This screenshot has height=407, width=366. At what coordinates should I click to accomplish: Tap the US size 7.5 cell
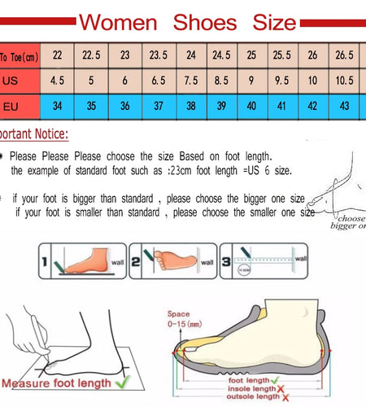[191, 81]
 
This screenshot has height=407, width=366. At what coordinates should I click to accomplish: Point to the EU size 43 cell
[345, 107]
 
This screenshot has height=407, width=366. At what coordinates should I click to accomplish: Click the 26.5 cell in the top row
[345, 55]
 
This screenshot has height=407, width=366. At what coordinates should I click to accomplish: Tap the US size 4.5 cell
[57, 81]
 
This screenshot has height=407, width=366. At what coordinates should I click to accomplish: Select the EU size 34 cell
[57, 107]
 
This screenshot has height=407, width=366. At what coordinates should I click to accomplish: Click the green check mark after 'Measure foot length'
[122, 382]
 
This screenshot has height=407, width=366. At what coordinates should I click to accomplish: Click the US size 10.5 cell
[345, 81]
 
